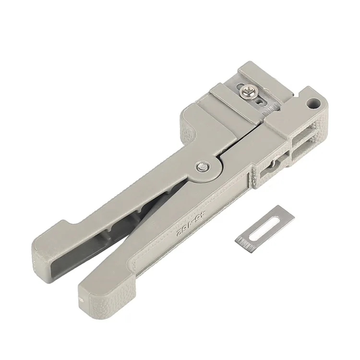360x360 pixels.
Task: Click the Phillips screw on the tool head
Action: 249,89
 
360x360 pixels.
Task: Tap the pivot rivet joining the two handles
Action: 202,167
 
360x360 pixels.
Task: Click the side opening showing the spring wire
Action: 270,165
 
